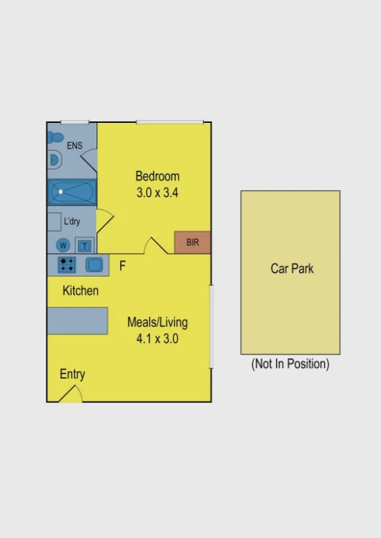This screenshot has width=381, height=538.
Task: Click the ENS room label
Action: point(74,146)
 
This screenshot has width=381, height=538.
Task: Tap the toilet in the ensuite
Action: point(55,137)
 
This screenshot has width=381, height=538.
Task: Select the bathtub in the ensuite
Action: point(71,191)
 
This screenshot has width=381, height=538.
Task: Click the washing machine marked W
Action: point(63,245)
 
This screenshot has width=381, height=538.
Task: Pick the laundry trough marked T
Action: point(84,245)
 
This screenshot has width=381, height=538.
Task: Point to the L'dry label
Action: point(72,221)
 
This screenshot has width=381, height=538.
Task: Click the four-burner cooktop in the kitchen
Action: point(67,265)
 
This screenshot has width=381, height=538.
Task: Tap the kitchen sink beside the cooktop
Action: point(94,265)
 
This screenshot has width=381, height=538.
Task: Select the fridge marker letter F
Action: point(122,266)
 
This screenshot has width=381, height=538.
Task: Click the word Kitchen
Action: point(81,291)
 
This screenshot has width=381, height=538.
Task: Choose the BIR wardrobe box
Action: point(192,243)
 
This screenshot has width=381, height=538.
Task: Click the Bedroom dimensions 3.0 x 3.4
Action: point(157,192)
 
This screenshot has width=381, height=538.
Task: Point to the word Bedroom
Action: point(157,176)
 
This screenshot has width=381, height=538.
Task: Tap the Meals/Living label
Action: point(157,322)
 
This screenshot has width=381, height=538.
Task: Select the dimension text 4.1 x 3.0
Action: point(157,339)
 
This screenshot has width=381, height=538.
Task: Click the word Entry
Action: point(72,374)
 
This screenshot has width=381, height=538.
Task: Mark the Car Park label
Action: point(292,269)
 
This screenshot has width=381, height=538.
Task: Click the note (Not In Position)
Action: point(290,364)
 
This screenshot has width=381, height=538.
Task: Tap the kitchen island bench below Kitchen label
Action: point(78,321)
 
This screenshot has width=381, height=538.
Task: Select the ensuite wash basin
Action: point(54,160)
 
